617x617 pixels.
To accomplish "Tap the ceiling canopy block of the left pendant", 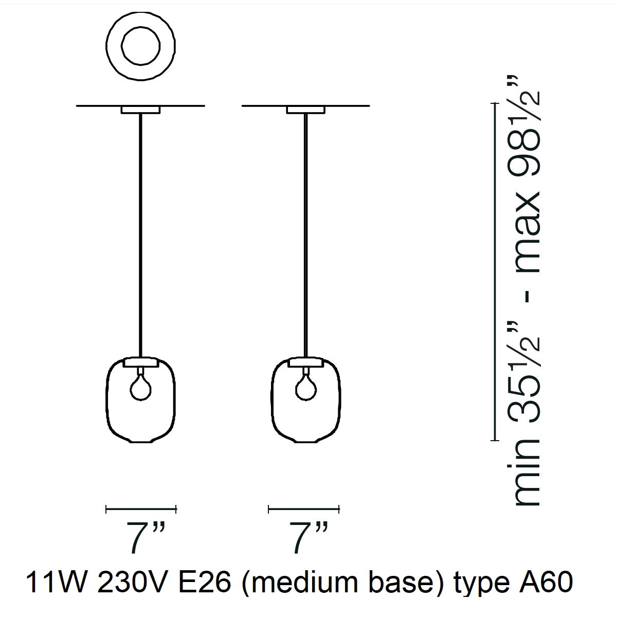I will (x=140, y=110).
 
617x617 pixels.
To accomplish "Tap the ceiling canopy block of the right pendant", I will (x=306, y=110).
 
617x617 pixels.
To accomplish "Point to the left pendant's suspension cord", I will (x=140, y=231).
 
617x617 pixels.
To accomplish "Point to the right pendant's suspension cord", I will (x=306, y=231).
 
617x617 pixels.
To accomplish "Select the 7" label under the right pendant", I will (x=305, y=537).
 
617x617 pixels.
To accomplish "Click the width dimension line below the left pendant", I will (x=141, y=510).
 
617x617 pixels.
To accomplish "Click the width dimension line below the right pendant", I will (x=304, y=510).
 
